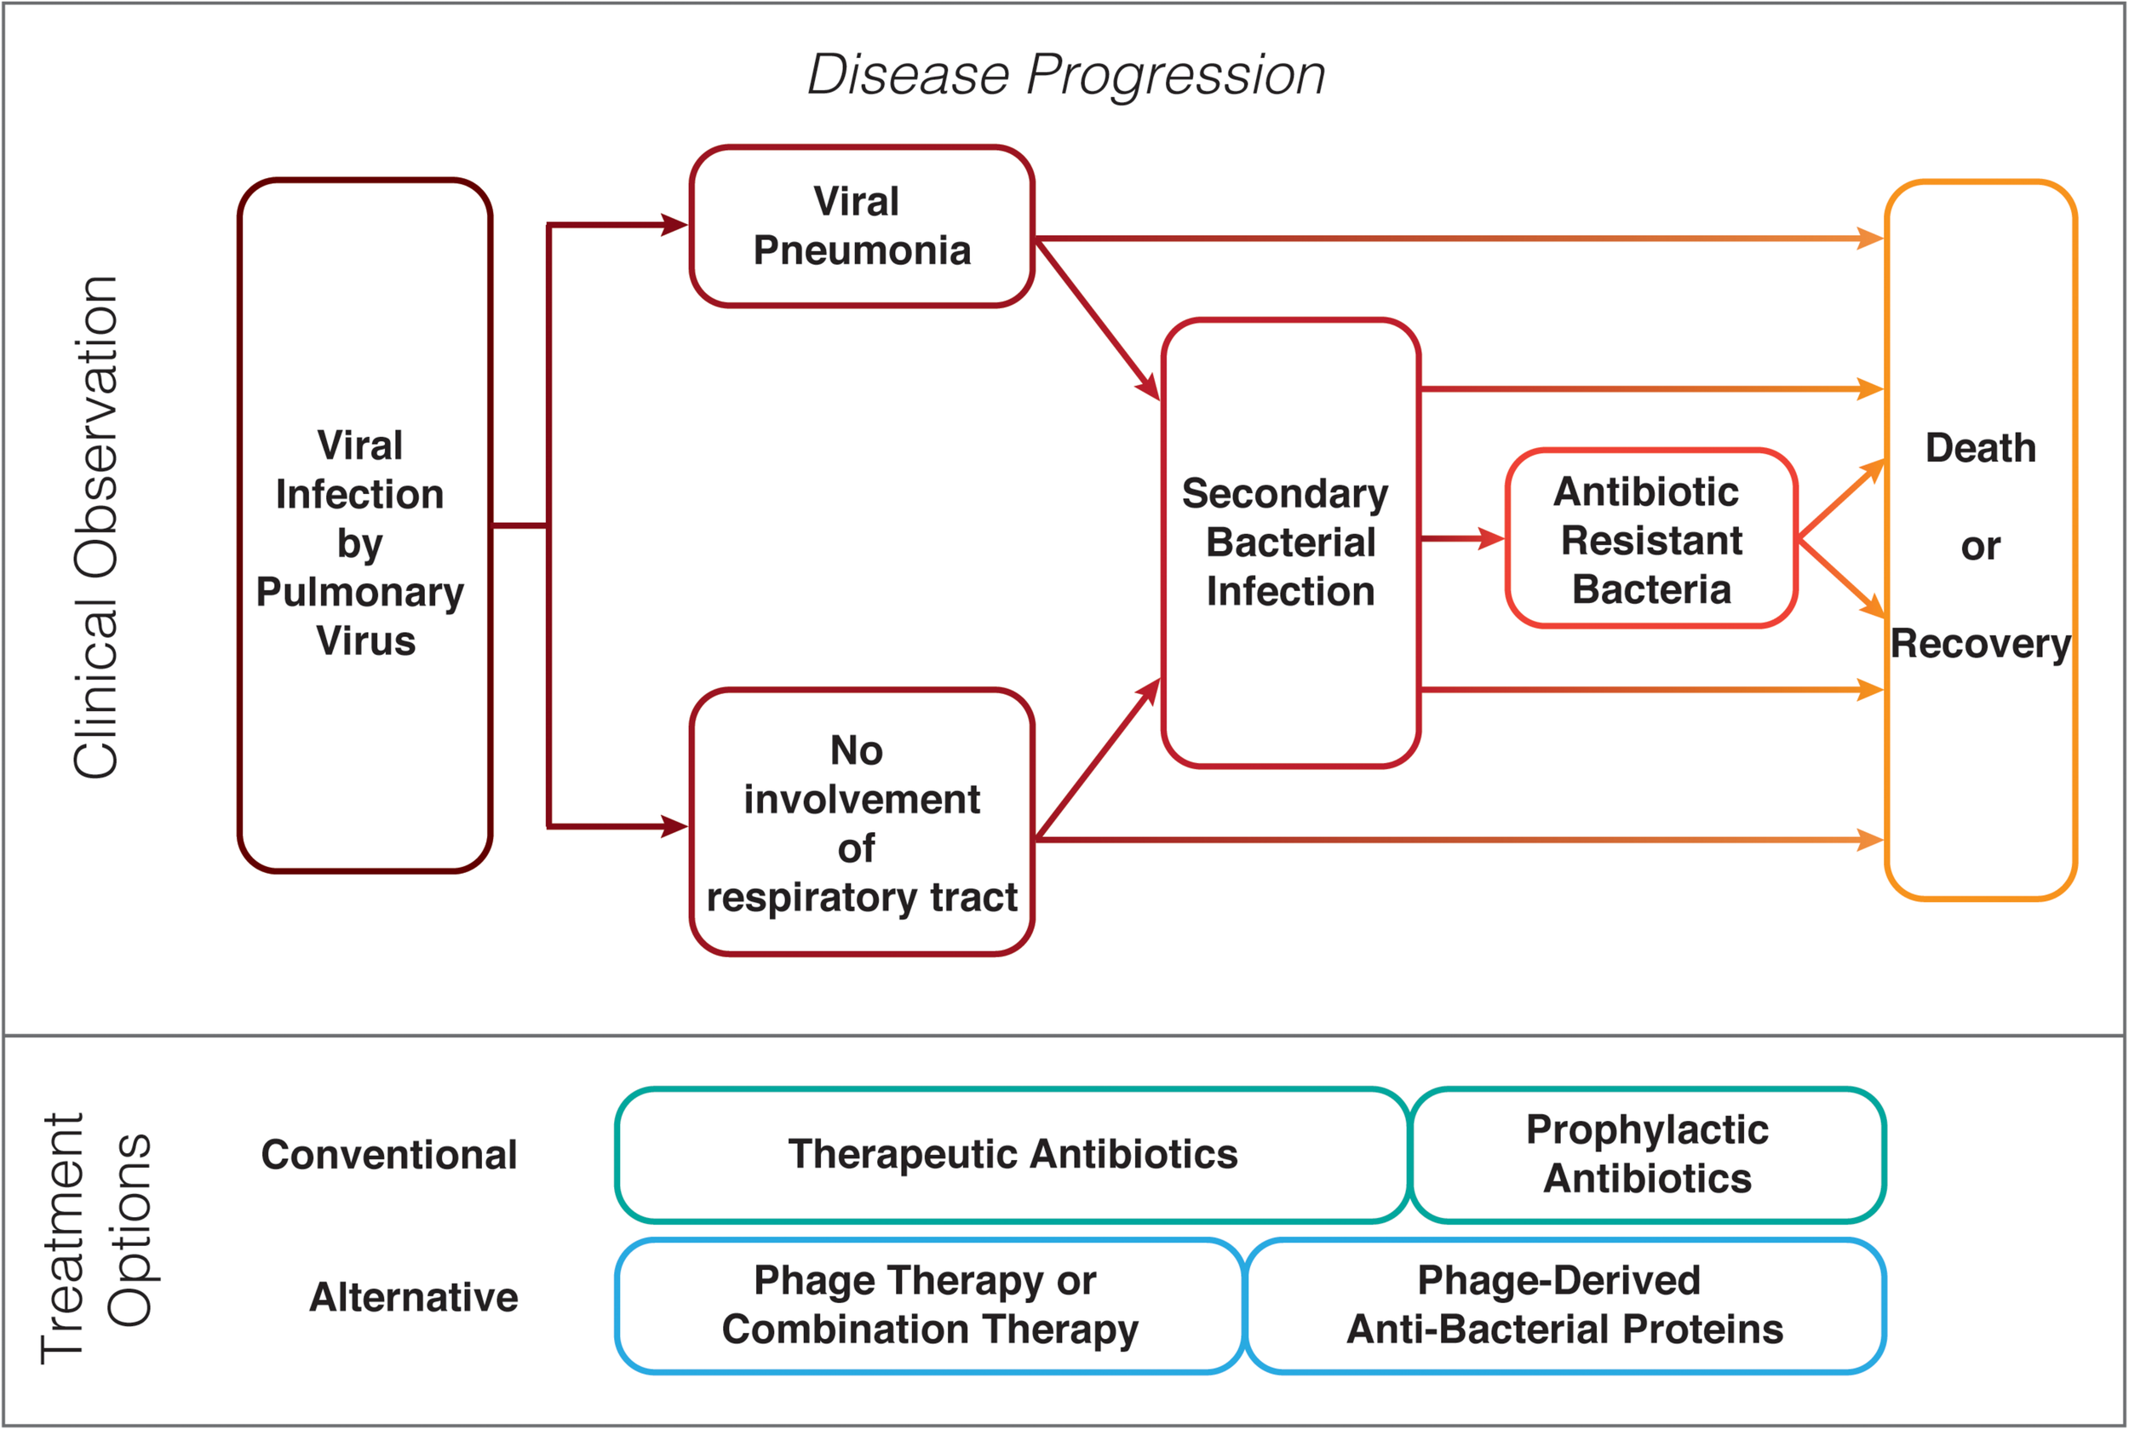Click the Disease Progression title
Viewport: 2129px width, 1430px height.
click(1066, 74)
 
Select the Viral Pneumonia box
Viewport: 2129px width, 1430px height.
click(862, 227)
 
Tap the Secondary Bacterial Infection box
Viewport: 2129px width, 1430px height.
click(1290, 543)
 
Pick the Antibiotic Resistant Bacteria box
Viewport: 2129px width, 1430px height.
click(1650, 540)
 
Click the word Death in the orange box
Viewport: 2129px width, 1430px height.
click(1980, 448)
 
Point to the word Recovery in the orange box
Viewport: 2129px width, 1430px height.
click(1980, 644)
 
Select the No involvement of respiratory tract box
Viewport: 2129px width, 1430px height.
click(862, 823)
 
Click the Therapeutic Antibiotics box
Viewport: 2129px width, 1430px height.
click(1012, 1155)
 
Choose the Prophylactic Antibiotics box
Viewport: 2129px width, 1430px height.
click(1647, 1155)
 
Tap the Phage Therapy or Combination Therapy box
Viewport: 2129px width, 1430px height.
click(928, 1305)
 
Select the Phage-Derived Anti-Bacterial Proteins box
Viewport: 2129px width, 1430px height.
click(1564, 1305)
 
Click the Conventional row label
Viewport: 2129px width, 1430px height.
click(388, 1156)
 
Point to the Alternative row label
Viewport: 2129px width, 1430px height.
click(413, 1297)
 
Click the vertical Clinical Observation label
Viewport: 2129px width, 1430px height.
click(95, 527)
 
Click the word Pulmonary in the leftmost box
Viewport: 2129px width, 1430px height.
click(360, 593)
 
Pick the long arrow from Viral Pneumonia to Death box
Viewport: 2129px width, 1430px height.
click(1459, 239)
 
